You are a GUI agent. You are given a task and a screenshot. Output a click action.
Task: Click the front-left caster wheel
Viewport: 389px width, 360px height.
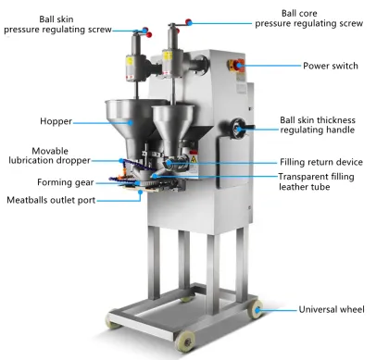[x=115, y=321]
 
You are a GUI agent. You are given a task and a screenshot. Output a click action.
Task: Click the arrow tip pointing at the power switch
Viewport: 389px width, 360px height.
[x=254, y=66]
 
